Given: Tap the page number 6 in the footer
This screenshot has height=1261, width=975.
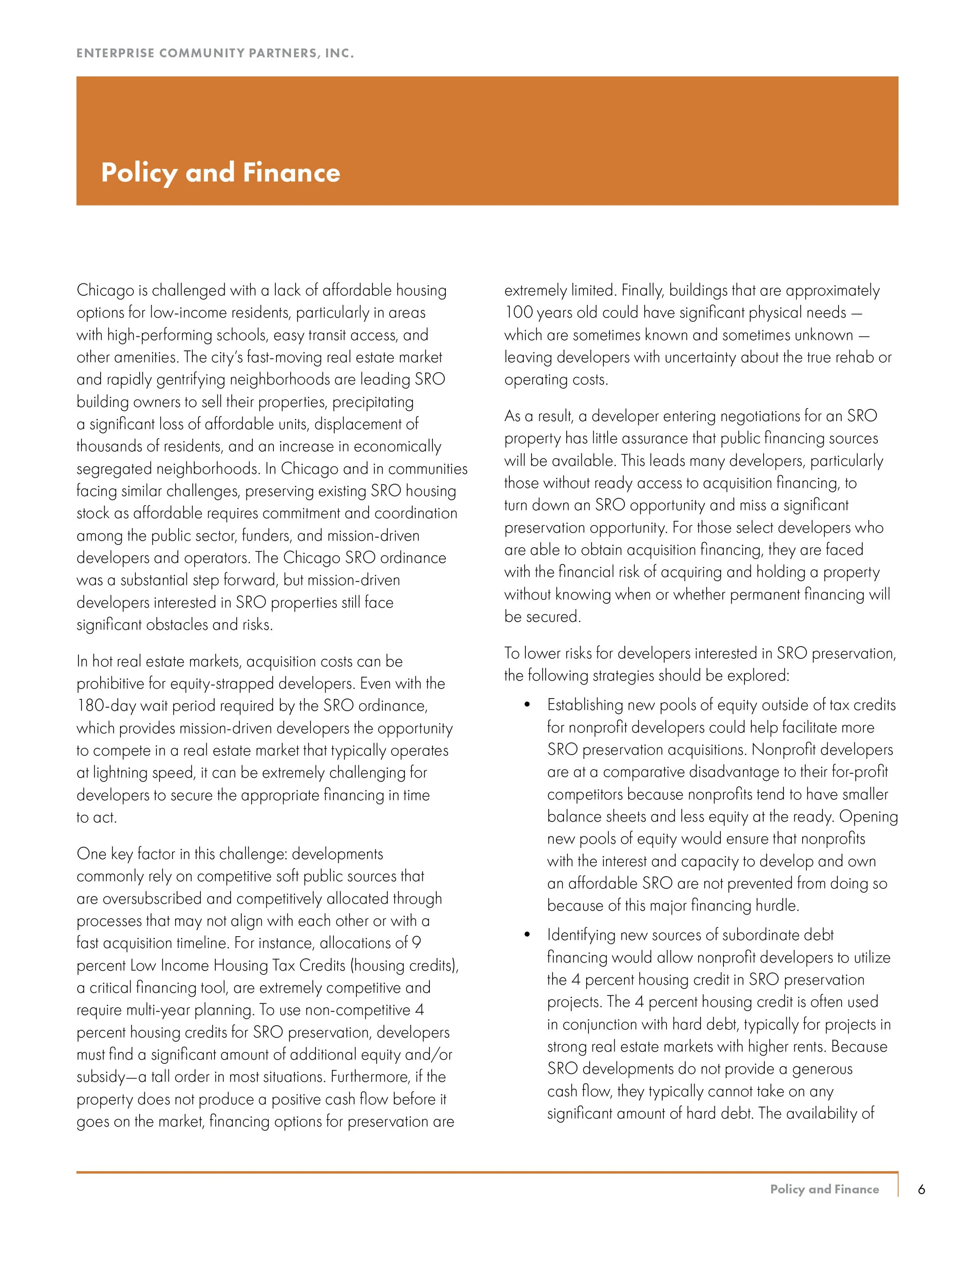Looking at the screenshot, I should (921, 1189).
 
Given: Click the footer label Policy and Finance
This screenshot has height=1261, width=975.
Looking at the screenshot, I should (824, 1189).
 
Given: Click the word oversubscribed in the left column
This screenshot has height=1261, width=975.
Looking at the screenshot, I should (153, 899).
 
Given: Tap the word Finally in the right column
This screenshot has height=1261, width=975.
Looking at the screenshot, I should (641, 290).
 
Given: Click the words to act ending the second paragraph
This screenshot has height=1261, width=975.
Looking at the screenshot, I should (96, 817).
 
